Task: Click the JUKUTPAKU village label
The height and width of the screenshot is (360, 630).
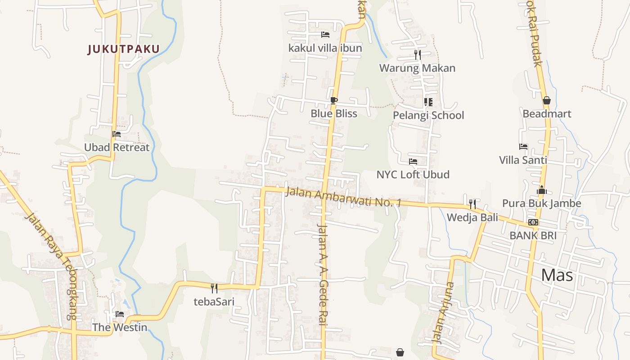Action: tap(124, 49)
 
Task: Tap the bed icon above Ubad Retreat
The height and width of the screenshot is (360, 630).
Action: tap(117, 134)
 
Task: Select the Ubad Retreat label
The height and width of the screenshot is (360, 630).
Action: tap(117, 147)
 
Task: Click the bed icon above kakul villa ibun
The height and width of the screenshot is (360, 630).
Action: tap(325, 35)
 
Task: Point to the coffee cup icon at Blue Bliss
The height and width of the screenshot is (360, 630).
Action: tap(333, 100)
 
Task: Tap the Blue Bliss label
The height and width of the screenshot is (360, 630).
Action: tap(334, 113)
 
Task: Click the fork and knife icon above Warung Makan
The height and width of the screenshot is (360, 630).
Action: tap(418, 55)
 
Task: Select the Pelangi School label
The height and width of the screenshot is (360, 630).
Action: tap(428, 115)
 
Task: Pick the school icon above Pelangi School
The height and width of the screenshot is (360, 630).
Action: tap(428, 102)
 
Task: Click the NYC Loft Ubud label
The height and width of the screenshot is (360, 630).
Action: tap(413, 175)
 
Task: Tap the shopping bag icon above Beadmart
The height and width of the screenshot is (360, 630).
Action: tap(546, 100)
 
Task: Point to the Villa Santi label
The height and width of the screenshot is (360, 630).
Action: tap(523, 160)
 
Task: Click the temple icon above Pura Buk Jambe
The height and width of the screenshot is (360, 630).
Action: tap(542, 190)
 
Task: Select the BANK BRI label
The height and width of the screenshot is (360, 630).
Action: tap(533, 235)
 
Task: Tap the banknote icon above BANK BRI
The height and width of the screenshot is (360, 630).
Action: tap(533, 222)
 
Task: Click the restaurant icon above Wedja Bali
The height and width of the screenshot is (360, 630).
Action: tap(472, 204)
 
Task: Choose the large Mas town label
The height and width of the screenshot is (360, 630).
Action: tap(557, 274)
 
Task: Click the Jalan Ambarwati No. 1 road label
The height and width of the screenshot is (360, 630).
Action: tap(343, 198)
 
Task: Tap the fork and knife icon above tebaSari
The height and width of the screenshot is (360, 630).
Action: tap(214, 288)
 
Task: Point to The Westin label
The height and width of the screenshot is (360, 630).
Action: tap(120, 327)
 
